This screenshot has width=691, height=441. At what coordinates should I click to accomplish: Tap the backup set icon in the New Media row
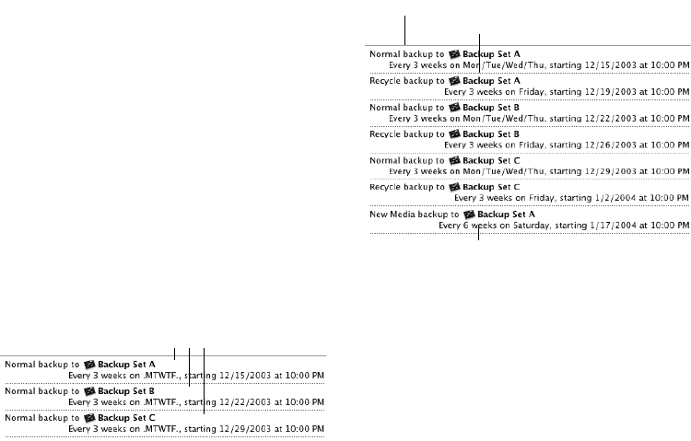(x=467, y=213)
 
